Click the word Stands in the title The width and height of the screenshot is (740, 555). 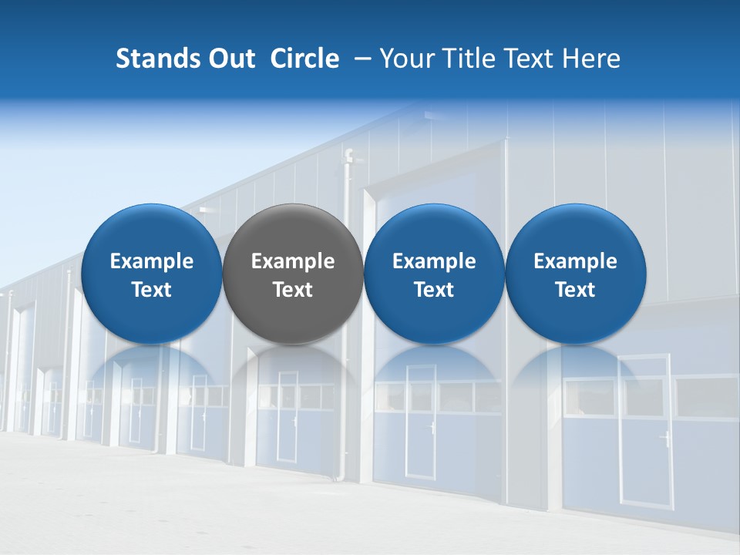point(154,59)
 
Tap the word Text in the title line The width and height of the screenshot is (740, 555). point(527,59)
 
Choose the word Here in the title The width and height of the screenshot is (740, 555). point(591,59)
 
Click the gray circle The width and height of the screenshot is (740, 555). point(293,231)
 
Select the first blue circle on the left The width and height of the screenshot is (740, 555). point(152,231)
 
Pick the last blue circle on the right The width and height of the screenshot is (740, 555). point(576,231)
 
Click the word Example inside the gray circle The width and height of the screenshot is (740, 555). point(293,261)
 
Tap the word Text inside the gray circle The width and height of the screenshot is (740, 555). point(293,290)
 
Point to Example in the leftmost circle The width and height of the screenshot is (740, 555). point(152,261)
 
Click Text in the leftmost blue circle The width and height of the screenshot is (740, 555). point(152,290)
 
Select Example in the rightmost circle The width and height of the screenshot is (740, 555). point(576,261)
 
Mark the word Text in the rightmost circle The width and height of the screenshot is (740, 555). point(576,290)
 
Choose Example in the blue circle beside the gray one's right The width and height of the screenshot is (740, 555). point(435,261)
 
